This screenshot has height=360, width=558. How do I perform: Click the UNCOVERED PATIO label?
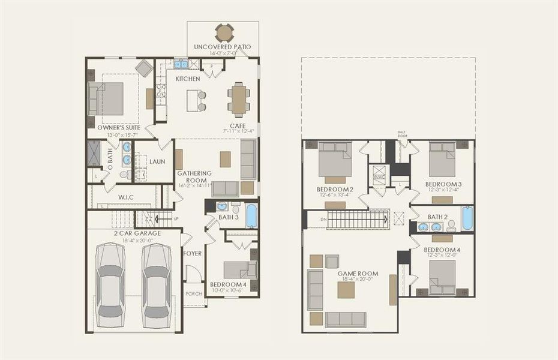223,47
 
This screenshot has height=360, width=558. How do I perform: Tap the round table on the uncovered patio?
224,32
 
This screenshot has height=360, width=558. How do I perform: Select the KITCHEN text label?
188,79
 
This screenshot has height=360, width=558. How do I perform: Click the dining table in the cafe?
239,100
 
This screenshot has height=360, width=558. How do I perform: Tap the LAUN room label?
157,161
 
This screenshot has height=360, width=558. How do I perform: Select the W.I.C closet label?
125,196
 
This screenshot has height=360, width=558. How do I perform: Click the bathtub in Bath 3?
251,216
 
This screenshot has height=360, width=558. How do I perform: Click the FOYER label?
192,253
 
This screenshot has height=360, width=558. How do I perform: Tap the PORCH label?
194,293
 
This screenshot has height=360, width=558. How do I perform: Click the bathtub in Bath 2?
467,218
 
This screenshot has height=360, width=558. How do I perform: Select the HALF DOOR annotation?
402,134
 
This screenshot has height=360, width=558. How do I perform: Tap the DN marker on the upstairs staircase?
323,220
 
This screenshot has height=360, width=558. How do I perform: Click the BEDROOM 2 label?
334,190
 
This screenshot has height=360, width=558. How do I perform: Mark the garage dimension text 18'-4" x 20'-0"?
133,240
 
